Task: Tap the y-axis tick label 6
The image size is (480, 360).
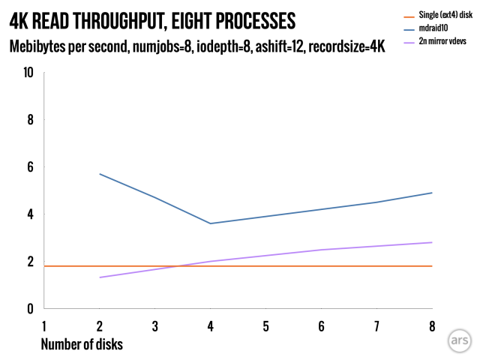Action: (30, 167)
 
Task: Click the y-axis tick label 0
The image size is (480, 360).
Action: (30, 309)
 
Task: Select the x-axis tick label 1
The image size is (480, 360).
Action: (44, 327)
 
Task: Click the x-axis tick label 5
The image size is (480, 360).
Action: (266, 327)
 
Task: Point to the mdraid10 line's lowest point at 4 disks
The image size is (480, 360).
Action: (211, 223)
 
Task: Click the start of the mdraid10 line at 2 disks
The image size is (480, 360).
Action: (100, 174)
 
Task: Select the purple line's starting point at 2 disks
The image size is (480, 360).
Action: (100, 277)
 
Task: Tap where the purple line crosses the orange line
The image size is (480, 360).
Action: (178, 266)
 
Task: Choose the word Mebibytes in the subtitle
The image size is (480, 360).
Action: (40, 46)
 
